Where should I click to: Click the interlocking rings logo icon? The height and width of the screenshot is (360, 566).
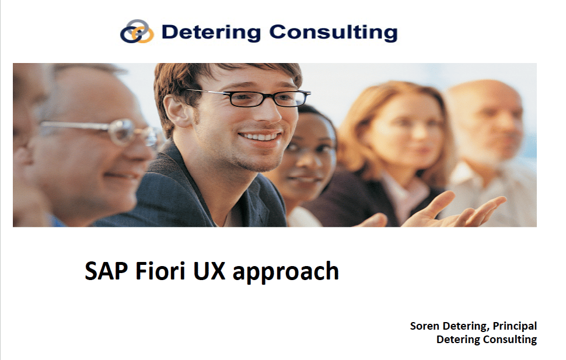pyautogui.click(x=137, y=32)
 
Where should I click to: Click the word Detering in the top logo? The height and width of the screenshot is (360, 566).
pyautogui.click(x=211, y=33)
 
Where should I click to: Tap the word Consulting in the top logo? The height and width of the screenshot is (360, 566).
pyautogui.click(x=333, y=33)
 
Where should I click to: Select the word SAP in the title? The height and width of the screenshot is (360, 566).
pyautogui.click(x=106, y=271)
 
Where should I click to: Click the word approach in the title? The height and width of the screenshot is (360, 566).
pyautogui.click(x=286, y=272)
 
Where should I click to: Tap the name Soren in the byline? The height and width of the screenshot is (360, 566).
pyautogui.click(x=425, y=326)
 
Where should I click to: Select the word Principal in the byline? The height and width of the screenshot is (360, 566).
pyautogui.click(x=515, y=326)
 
